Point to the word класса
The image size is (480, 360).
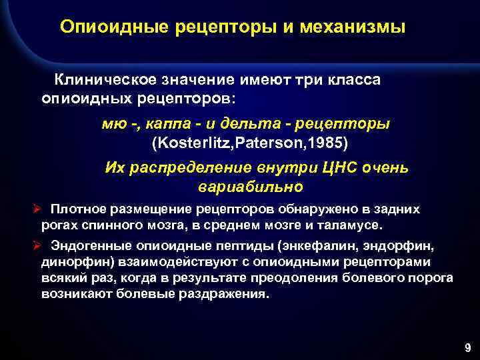(x=351, y=80)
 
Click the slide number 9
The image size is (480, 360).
(x=467, y=347)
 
